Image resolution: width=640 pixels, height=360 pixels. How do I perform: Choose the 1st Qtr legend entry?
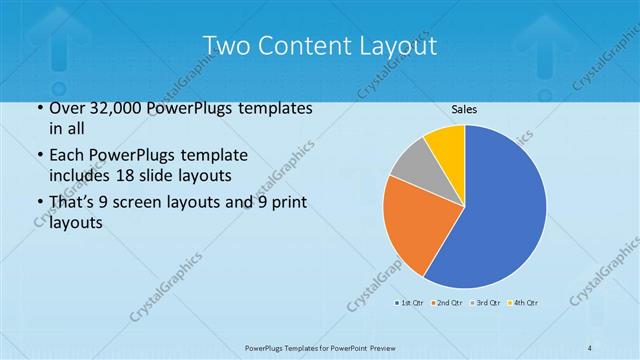coord(410,302)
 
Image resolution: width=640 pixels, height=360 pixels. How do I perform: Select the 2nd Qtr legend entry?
coord(447,302)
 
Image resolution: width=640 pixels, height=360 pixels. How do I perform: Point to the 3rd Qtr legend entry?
coord(485,302)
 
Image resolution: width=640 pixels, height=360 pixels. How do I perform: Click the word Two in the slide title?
coord(226,46)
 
